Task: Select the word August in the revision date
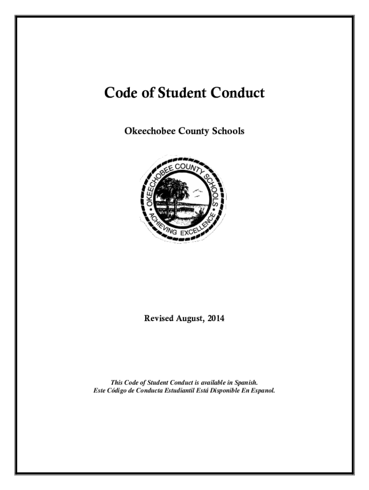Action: click(189, 318)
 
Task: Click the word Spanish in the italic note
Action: click(247, 382)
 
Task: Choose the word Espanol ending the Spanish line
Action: click(262, 390)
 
